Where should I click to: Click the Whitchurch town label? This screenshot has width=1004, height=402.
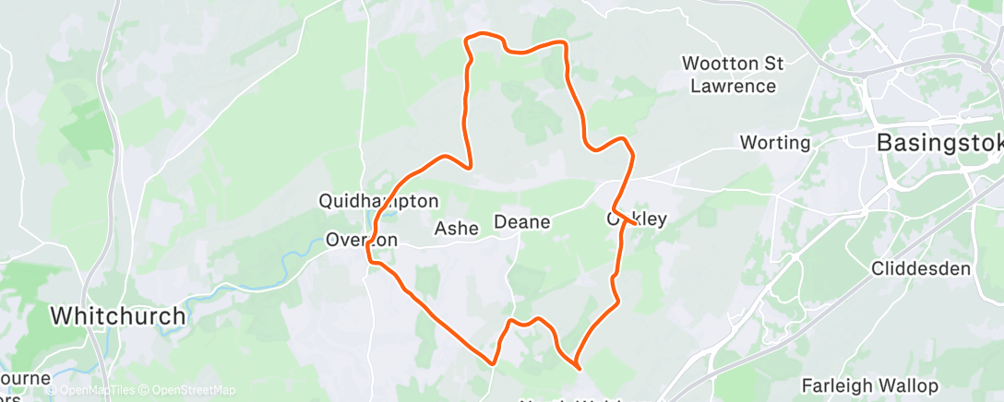pyautogui.click(x=117, y=315)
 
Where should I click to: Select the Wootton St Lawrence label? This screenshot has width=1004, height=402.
pyautogui.click(x=732, y=75)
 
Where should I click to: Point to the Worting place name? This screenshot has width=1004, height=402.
pyautogui.click(x=775, y=143)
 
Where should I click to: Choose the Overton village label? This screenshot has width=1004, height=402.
pyautogui.click(x=362, y=240)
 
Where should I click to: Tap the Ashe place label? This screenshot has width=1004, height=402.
pyautogui.click(x=457, y=229)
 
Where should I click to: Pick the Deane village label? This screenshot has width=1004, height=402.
pyautogui.click(x=522, y=222)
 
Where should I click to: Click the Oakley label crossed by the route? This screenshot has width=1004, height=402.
pyautogui.click(x=636, y=219)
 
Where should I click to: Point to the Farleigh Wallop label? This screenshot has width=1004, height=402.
pyautogui.click(x=869, y=385)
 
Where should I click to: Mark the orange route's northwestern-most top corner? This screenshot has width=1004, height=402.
pyautogui.click(x=468, y=38)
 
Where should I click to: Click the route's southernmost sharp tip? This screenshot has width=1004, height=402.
pyautogui.click(x=579, y=367)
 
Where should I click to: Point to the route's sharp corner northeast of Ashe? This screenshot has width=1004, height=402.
pyautogui.click(x=472, y=168)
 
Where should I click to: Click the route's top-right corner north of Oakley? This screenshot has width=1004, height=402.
pyautogui.click(x=564, y=43)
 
